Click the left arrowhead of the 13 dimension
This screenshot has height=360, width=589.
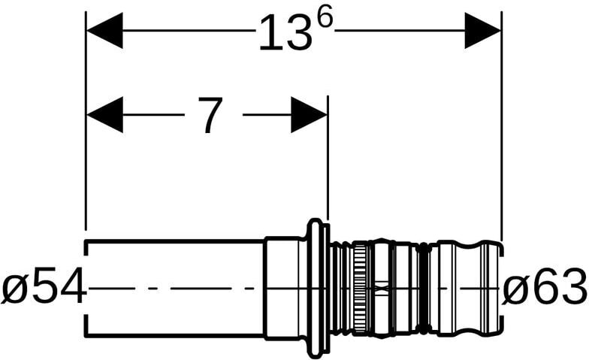pyautogui.click(x=105, y=30)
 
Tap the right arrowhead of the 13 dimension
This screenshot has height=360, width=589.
pyautogui.click(x=482, y=30)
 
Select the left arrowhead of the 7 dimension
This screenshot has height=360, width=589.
pyautogui.click(x=105, y=114)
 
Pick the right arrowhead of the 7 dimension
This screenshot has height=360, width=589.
pyautogui.click(x=309, y=114)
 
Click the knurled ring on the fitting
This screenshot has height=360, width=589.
pyautogui.click(x=361, y=289)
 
